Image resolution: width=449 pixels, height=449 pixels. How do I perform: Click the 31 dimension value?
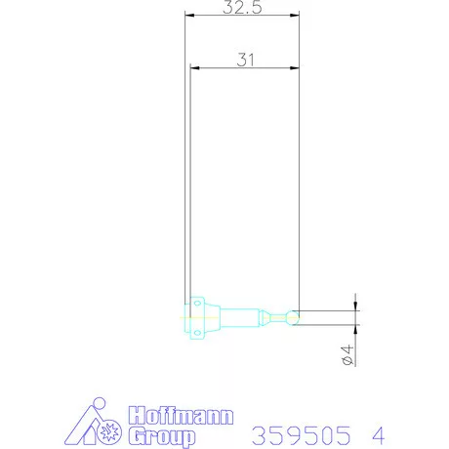click(x=245, y=59)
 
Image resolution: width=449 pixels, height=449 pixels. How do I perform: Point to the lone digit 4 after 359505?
click(x=377, y=432)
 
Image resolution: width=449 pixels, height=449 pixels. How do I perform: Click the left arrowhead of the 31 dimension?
click(x=195, y=68)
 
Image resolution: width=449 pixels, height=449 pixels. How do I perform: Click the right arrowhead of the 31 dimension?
click(x=295, y=68)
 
